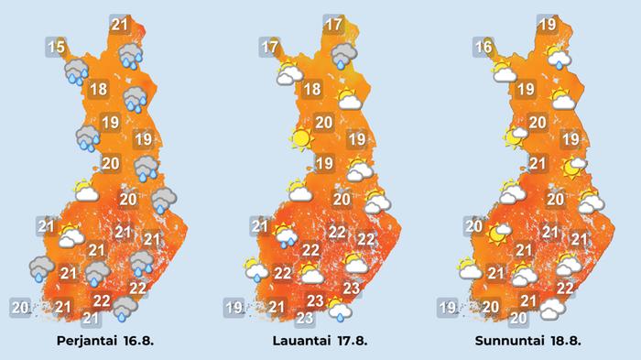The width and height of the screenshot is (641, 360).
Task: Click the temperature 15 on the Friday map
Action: [57, 47]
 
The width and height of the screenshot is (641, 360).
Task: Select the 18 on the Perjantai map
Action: [99, 90]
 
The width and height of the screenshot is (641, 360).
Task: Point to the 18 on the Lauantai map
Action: [311, 90]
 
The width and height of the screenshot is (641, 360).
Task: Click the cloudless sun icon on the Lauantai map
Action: [299, 139]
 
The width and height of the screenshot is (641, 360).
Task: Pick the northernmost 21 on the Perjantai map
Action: [119, 25]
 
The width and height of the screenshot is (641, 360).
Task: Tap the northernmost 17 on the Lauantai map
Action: [332, 25]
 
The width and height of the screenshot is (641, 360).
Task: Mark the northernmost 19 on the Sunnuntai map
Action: [548, 25]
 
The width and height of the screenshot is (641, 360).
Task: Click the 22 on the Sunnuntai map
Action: [565, 288]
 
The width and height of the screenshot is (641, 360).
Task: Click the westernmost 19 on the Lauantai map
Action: [234, 307]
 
